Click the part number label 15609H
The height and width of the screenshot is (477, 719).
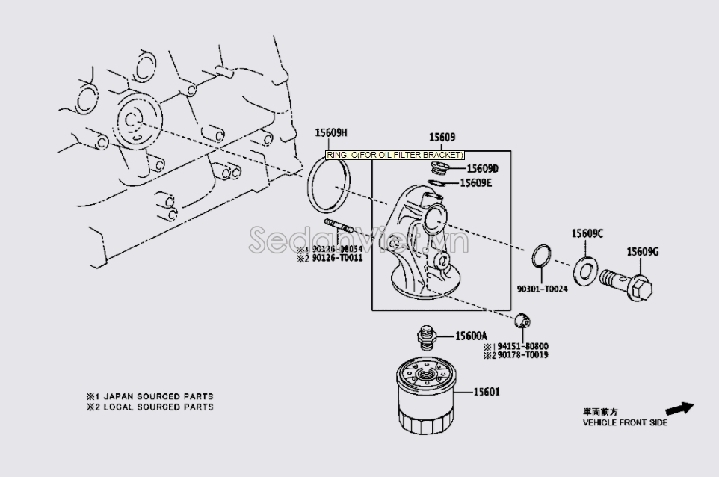pos(331,133)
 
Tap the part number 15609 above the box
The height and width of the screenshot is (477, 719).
pos(442,138)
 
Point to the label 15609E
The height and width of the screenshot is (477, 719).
pos(481,182)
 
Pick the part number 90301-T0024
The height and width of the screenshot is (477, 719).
pos(542,289)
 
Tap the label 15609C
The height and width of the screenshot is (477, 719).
pos(587,233)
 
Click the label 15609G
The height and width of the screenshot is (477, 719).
pos(642,252)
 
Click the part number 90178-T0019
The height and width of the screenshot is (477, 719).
pos(521,355)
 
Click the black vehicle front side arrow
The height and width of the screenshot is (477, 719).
pos(679,408)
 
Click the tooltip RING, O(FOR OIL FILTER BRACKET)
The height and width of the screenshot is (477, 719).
pos(395,155)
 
